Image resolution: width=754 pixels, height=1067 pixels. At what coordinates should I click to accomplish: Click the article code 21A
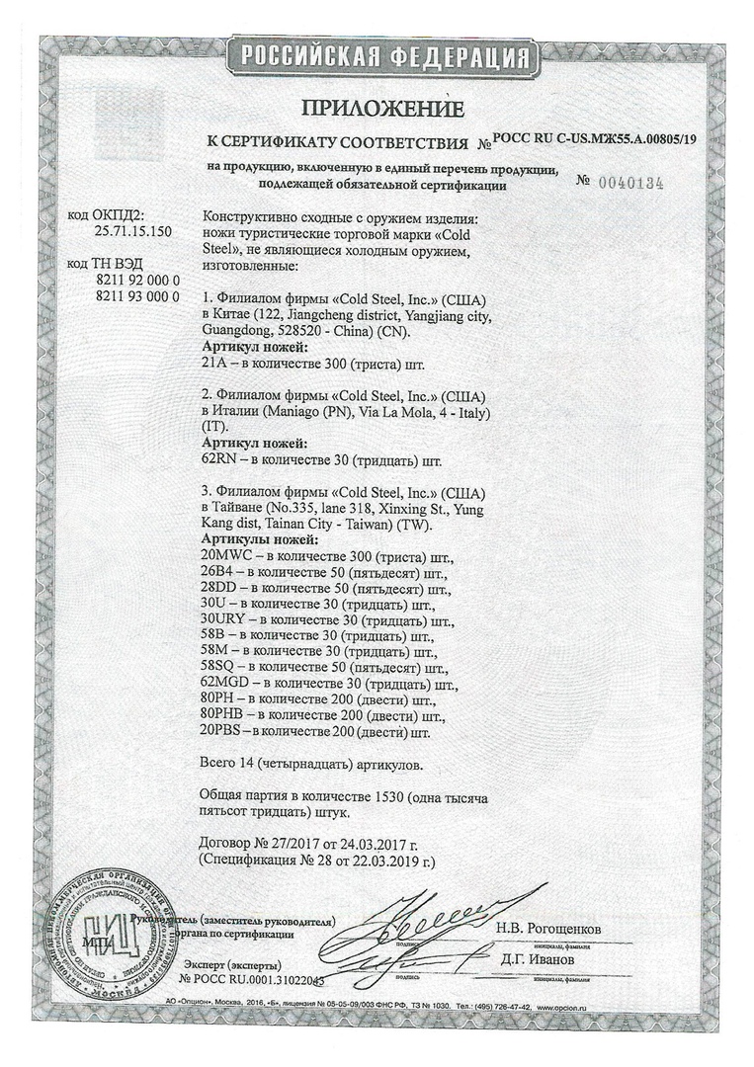click(213, 363)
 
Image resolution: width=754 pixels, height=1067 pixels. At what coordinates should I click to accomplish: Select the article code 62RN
click(219, 459)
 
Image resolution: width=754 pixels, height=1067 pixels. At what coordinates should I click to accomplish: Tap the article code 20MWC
click(226, 556)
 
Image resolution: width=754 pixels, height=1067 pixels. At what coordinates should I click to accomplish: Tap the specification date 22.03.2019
click(384, 862)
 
